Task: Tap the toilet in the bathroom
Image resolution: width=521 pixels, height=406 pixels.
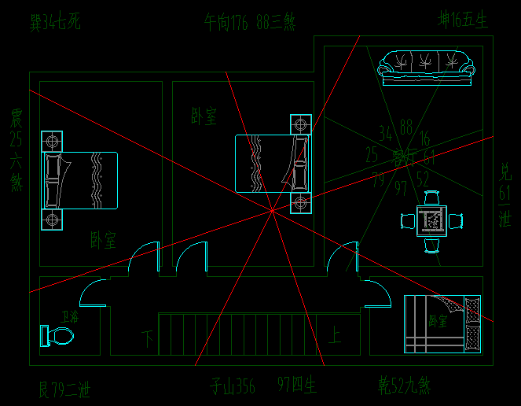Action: pyautogui.click(x=57, y=337)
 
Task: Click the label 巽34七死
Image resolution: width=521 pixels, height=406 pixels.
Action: pyautogui.click(x=55, y=21)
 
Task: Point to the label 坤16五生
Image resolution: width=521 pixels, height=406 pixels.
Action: pyautogui.click(x=464, y=19)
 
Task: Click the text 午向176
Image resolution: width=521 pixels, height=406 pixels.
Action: pyautogui.click(x=226, y=21)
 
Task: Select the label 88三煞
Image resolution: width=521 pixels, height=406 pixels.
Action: pyautogui.click(x=280, y=21)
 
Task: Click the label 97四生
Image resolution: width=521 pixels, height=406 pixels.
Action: pyautogui.click(x=297, y=386)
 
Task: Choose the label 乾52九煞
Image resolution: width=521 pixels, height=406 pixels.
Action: pyautogui.click(x=404, y=386)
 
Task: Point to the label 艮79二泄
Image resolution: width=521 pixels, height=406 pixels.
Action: pyautogui.click(x=64, y=388)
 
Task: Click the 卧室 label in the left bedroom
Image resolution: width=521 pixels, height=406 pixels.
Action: pyautogui.click(x=104, y=238)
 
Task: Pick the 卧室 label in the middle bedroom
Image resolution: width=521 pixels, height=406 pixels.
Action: pyautogui.click(x=204, y=116)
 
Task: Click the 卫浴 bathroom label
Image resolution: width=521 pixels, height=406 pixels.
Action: pyautogui.click(x=70, y=318)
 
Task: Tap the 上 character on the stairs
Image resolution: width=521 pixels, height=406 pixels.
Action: pyautogui.click(x=334, y=338)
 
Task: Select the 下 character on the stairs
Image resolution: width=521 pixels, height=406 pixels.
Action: pyautogui.click(x=148, y=338)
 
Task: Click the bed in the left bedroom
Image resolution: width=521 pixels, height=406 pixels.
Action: pyautogui.click(x=79, y=180)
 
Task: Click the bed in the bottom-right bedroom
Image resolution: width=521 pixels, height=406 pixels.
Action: pyautogui.click(x=442, y=323)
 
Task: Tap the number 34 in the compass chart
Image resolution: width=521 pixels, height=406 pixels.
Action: pyautogui.click(x=386, y=132)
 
